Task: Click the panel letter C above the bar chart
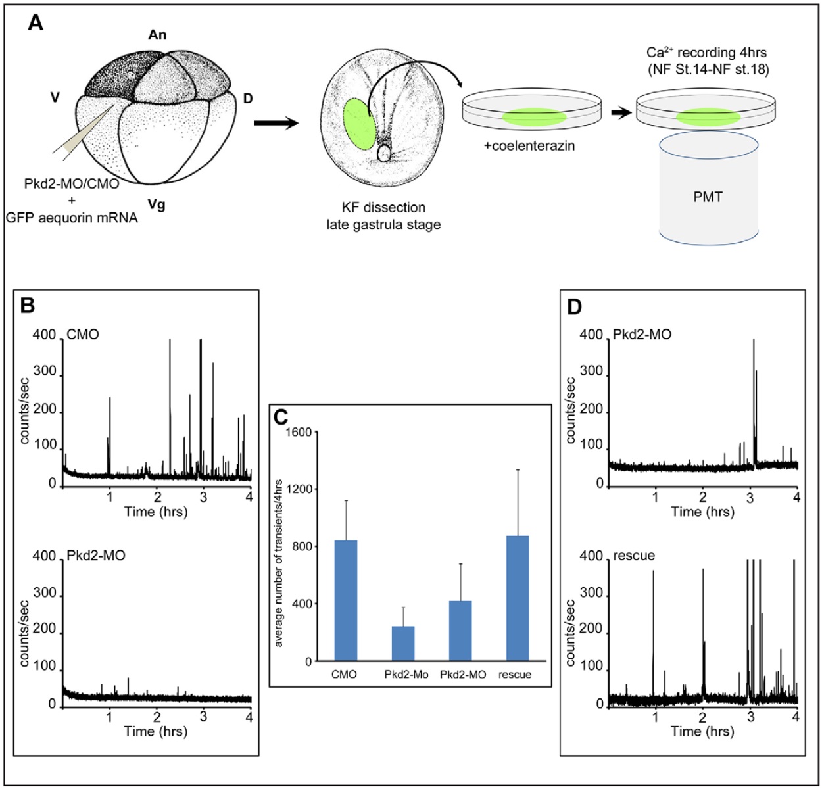pos(281,417)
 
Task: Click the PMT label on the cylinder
pos(708,196)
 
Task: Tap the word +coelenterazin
pos(529,146)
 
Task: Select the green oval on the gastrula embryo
pos(359,124)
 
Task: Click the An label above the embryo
pos(157,35)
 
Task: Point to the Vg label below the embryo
pos(156,205)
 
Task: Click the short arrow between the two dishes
pos(619,112)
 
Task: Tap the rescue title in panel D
pos(634,556)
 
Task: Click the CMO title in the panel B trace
pos(83,335)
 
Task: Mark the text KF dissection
pos(383,208)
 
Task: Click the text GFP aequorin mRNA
pos(72,218)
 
